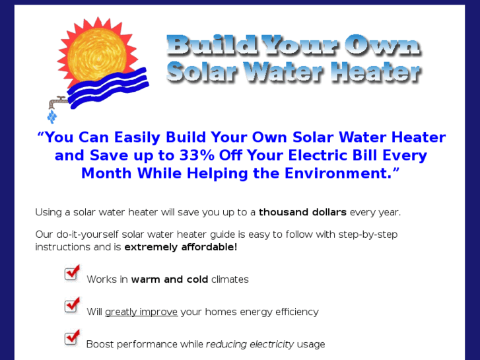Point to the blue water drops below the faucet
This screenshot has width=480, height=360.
tap(51, 117)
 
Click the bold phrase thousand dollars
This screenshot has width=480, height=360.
tap(302, 213)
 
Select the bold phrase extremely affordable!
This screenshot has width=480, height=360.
tap(180, 247)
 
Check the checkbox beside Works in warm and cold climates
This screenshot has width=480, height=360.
tap(72, 273)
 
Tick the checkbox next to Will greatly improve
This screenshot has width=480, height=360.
tap(72, 305)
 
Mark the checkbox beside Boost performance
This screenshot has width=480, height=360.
tap(72, 338)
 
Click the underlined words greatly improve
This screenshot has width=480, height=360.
tap(141, 312)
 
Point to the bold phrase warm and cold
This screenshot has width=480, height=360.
tap(169, 279)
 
